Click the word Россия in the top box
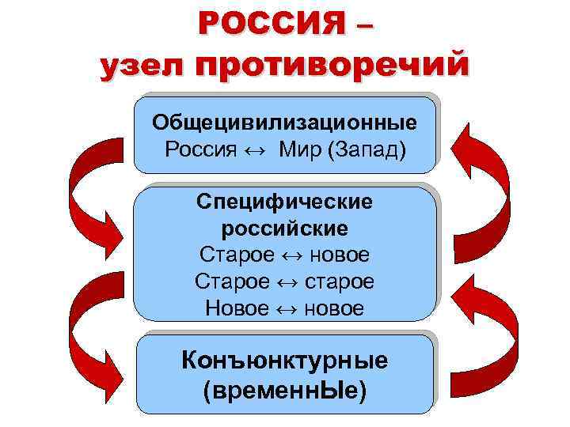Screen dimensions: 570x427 (x=201, y=149)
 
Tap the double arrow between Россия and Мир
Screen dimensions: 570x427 (x=256, y=149)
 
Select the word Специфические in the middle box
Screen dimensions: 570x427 (x=284, y=202)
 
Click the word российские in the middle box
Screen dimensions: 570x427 (x=284, y=229)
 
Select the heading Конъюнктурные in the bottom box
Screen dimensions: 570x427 (x=285, y=361)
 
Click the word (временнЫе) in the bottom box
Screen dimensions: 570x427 (x=285, y=389)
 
